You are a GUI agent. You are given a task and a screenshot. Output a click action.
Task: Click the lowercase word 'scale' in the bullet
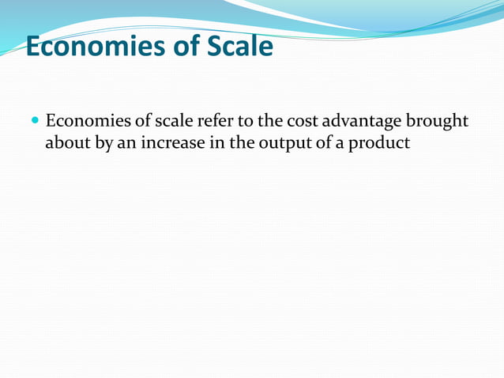[164, 123]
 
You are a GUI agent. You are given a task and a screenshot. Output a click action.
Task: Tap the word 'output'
[280, 146]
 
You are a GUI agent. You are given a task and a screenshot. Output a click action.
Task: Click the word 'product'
[382, 146]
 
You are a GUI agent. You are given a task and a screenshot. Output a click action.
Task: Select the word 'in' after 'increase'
[215, 145]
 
